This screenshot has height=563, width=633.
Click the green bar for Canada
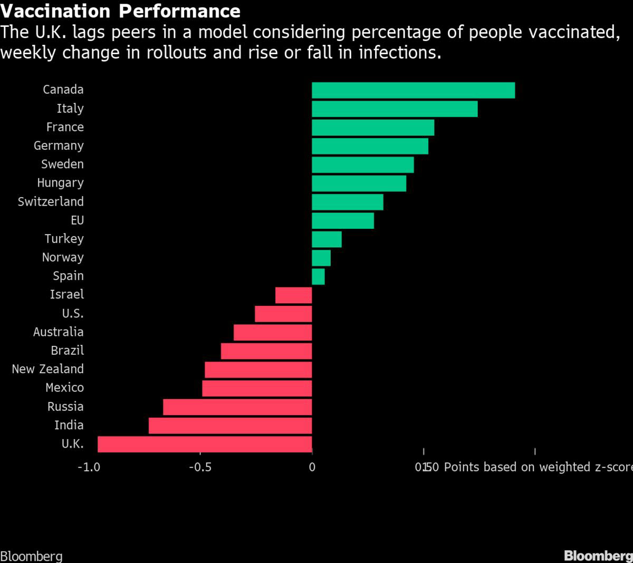tap(413, 90)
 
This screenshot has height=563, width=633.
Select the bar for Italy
tap(395, 109)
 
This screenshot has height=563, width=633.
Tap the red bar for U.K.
tap(205, 444)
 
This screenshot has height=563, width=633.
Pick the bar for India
tap(230, 425)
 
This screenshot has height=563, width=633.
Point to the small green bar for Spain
tap(318, 276)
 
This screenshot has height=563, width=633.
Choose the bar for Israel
tap(293, 295)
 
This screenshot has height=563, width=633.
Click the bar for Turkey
tap(327, 239)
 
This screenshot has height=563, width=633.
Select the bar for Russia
tap(237, 407)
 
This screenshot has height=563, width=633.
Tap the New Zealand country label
tap(47, 369)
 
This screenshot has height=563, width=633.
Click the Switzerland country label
tap(51, 201)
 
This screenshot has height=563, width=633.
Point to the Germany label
tap(59, 145)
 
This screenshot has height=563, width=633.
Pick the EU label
tap(77, 220)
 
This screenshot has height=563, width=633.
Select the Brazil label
tap(67, 351)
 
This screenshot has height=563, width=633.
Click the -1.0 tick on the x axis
tap(89, 467)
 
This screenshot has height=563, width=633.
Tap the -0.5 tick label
tap(200, 467)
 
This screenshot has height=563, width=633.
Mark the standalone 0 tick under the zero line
tap(312, 467)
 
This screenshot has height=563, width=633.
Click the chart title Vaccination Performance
tap(120, 11)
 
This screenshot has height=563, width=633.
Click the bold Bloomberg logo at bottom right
tap(598, 556)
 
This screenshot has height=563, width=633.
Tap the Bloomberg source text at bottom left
tap(31, 556)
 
